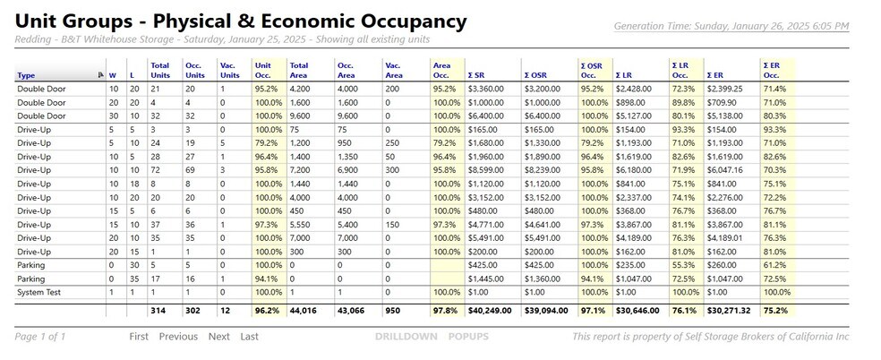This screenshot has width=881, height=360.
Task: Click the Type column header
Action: [26, 75]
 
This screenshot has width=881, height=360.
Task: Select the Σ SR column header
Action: [477, 75]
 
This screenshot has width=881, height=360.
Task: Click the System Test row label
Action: [38, 292]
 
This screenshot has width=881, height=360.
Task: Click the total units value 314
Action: [158, 310]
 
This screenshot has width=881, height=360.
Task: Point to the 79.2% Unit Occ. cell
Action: [267, 143]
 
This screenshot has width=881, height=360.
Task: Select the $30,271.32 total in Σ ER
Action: [729, 310]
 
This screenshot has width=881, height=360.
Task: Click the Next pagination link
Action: [219, 337]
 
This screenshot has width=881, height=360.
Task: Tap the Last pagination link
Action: [250, 337]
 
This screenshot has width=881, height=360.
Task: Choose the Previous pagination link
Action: [178, 337]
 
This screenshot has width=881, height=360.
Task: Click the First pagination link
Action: [139, 337]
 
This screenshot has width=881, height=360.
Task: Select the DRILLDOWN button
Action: [406, 337]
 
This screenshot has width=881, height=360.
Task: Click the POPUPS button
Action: [468, 337]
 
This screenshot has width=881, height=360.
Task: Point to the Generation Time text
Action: [731, 26]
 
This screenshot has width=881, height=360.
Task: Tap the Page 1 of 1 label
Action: [40, 337]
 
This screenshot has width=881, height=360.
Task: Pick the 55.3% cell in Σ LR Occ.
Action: [680, 265]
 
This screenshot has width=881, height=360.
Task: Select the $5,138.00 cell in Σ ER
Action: [725, 116]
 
